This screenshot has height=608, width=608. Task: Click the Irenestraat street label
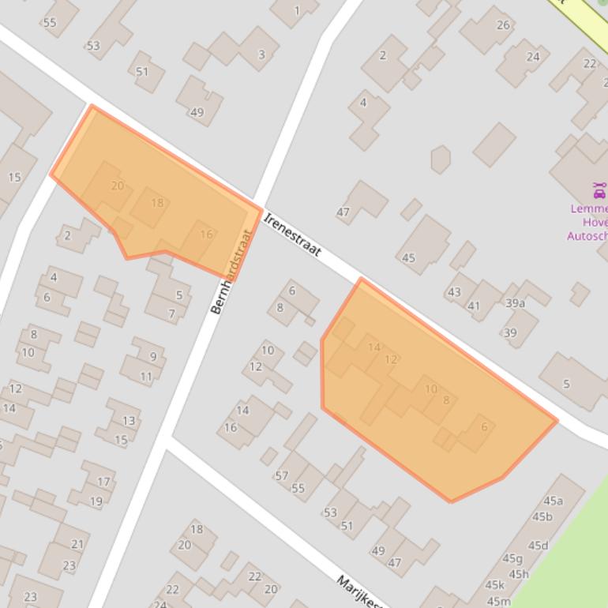click(x=293, y=234)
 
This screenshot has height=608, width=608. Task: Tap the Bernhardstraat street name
click(x=231, y=272)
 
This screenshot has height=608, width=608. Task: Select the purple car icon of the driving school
click(x=599, y=190)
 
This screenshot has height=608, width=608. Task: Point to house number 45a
click(x=553, y=501)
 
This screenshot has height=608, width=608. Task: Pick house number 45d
click(x=538, y=546)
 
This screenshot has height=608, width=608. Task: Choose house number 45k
click(x=494, y=585)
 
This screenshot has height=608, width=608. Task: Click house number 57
click(x=281, y=475)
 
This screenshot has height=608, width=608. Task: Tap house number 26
click(x=503, y=25)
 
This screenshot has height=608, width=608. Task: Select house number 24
click(x=533, y=56)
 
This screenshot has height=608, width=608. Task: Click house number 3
click(x=261, y=55)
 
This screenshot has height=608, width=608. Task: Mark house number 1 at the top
click(x=297, y=11)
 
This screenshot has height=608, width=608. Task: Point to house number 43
click(x=453, y=292)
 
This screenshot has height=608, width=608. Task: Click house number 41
click(x=473, y=306)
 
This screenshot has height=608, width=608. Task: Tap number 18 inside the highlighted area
click(x=157, y=203)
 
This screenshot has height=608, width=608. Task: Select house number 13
click(x=129, y=421)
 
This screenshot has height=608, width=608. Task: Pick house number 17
click(x=103, y=482)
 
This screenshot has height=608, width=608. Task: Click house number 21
click(x=77, y=544)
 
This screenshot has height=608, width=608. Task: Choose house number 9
click(x=152, y=357)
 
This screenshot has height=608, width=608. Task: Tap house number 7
click(x=171, y=313)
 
